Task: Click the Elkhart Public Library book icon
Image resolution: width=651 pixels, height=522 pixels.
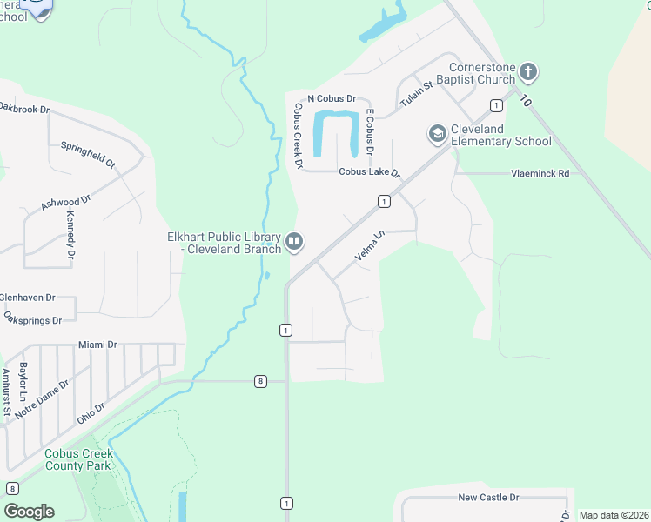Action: (294, 241)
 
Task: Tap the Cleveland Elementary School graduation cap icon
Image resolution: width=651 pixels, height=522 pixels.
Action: (437, 134)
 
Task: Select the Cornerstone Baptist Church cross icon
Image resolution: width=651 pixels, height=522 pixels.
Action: (528, 71)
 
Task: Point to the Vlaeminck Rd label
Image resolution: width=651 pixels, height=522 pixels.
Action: (540, 174)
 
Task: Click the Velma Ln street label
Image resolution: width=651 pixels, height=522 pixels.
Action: (370, 246)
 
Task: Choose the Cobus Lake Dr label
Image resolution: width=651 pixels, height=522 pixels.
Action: (369, 172)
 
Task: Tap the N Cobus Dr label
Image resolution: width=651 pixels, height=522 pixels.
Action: (332, 99)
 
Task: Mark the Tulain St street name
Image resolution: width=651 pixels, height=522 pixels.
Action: (416, 95)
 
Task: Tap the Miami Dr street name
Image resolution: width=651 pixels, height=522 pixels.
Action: (97, 345)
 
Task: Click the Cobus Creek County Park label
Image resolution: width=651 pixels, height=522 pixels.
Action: (78, 459)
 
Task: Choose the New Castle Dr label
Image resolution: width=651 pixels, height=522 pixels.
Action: (488, 497)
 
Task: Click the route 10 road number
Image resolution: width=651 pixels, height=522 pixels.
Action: (525, 100)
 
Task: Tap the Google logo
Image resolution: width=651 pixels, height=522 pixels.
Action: (29, 512)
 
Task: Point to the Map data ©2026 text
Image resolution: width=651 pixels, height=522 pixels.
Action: (614, 515)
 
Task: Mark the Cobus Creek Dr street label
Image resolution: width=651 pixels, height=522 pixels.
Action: (298, 136)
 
